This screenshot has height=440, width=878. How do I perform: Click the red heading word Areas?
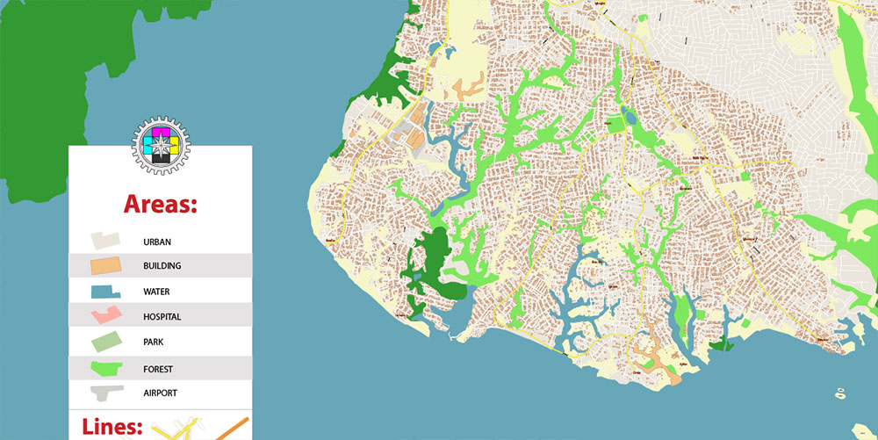click(160, 204)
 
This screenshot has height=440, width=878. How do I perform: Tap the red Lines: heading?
click(112, 428)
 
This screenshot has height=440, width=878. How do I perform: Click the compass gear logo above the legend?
click(161, 144)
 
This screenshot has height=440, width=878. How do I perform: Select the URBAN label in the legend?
click(157, 241)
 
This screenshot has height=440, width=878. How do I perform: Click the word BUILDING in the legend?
click(162, 266)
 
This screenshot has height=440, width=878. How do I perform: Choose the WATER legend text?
click(157, 292)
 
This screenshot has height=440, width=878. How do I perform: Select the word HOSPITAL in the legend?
click(162, 317)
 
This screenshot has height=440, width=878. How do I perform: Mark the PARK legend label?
click(154, 343)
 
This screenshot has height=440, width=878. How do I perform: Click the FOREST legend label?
click(159, 368)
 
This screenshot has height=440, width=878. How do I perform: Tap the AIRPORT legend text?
click(161, 393)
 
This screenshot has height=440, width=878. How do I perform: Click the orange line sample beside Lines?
click(230, 430)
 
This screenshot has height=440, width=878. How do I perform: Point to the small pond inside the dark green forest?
click(416, 278)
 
